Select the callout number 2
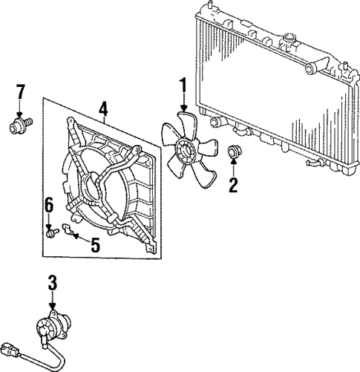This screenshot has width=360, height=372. point(232,186)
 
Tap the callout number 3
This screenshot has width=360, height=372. point(52,283)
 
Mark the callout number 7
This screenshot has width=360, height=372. point(21,92)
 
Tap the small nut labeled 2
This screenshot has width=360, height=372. point(233,153)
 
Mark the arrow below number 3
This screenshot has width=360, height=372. point(52,301)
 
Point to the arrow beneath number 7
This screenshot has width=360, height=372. point(21,109)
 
